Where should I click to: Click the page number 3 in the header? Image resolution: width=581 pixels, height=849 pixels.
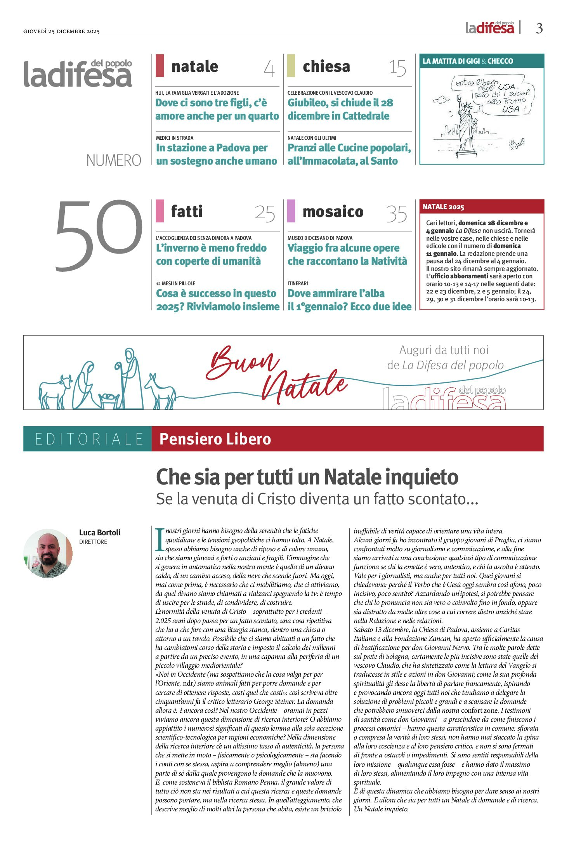[x=539, y=28]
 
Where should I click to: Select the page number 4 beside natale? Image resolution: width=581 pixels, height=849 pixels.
[x=269, y=69]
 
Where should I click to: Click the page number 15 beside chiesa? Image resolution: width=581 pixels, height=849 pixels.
[x=398, y=68]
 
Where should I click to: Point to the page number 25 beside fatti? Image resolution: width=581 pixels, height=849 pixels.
[x=265, y=214]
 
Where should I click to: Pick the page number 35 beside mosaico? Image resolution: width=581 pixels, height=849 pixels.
[x=397, y=214]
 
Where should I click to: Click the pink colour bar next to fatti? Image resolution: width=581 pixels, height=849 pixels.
[x=160, y=210]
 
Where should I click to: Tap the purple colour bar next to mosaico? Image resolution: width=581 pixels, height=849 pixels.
[x=291, y=210]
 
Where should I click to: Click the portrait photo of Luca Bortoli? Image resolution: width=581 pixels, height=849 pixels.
[x=48, y=553]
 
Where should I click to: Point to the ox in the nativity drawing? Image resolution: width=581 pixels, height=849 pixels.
[x=55, y=391]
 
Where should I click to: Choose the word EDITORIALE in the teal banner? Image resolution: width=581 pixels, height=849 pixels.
[x=89, y=439]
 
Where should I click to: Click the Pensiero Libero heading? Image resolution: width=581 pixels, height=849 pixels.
[x=215, y=439]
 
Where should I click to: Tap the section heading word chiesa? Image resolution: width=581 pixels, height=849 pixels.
[x=326, y=66]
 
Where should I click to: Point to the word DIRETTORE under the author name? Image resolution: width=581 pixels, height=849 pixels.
[x=93, y=542]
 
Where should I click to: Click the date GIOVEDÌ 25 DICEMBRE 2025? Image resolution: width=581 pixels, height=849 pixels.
[x=61, y=31]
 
